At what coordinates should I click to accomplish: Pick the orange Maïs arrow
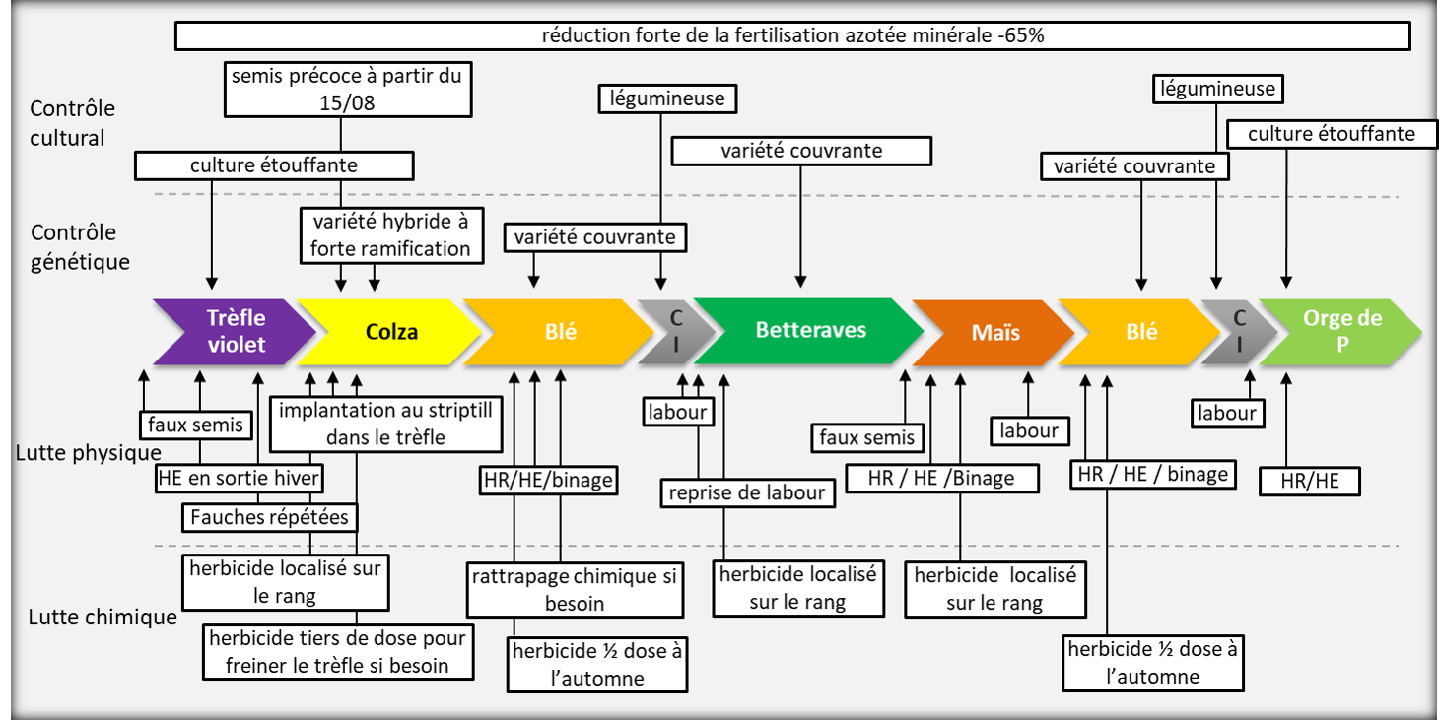pos(991,332)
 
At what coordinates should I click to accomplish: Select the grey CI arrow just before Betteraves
pos(674,331)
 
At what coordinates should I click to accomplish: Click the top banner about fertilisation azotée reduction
pos(792,36)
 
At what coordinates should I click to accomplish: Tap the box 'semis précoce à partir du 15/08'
pos(346,89)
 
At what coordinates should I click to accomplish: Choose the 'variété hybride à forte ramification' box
pos(390,235)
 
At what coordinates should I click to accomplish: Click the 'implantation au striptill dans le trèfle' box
pos(385,423)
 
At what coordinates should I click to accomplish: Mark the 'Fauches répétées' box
pos(269,517)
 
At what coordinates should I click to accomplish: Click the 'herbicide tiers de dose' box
pos(337,652)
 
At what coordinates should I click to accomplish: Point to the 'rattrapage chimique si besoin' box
pos(574,589)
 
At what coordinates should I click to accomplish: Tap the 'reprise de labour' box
pos(747,492)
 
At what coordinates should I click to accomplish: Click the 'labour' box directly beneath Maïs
pos(1029,430)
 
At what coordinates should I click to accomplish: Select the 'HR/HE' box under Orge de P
pos(1310,481)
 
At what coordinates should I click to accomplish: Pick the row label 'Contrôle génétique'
pos(80,247)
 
